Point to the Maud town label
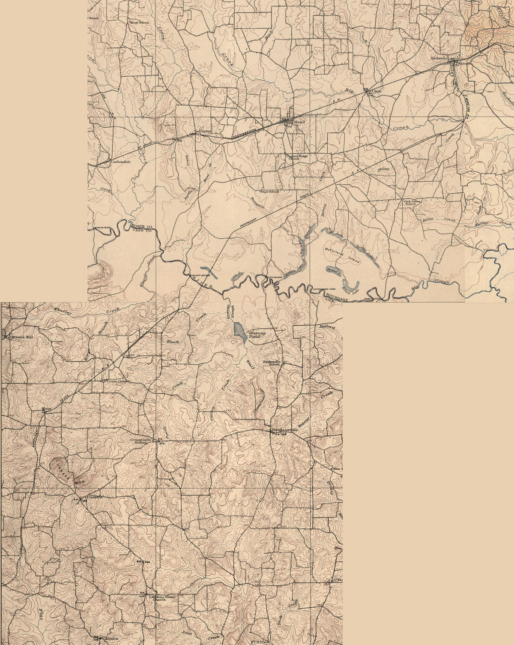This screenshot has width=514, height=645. tap(299, 122)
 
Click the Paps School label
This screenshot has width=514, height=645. tap(269, 192)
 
